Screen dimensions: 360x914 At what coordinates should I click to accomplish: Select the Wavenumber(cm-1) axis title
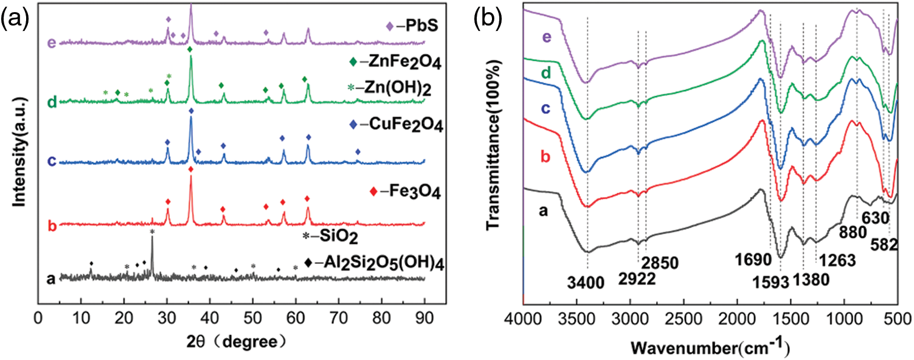[710, 348]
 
